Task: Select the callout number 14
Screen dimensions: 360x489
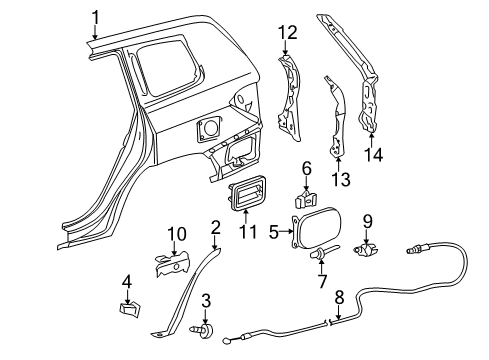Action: tap(376, 154)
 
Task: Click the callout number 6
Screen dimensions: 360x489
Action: tap(307, 169)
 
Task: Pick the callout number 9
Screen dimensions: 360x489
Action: tap(368, 220)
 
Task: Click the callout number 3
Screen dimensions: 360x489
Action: tap(206, 301)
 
